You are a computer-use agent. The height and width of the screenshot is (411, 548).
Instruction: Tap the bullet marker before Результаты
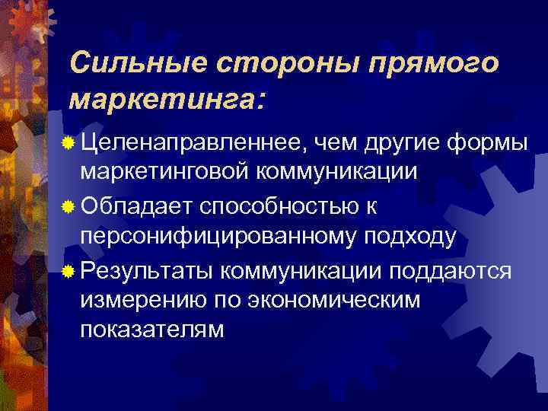pyautogui.click(x=69, y=269)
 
